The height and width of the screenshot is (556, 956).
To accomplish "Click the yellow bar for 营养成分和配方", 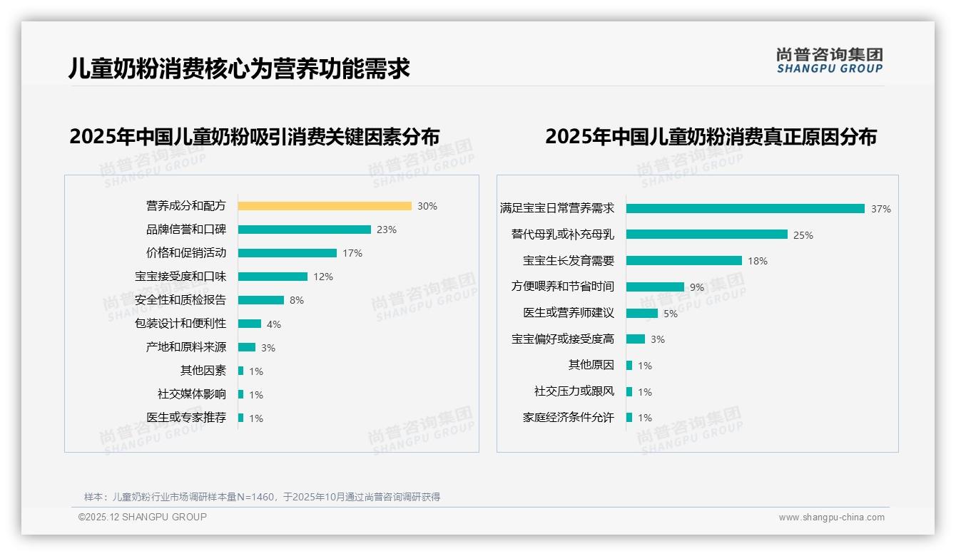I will (325, 206).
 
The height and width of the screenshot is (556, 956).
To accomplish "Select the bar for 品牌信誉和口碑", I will (305, 230).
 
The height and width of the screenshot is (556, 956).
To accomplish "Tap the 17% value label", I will (352, 253).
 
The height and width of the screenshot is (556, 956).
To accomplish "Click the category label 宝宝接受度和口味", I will (180, 277).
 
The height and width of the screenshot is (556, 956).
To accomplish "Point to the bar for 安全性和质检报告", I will (261, 300).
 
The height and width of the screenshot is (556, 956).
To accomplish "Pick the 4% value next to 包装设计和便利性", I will (274, 324).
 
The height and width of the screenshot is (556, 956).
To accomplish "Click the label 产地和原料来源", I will (186, 347).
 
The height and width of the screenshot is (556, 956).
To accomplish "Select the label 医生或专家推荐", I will (186, 418).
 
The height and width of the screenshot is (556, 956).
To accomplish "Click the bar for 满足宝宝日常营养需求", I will (746, 209).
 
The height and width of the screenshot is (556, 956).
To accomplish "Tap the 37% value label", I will (881, 209).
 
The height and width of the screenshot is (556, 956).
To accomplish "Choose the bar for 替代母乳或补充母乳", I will (707, 235).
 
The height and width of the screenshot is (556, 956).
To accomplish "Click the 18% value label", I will (758, 261).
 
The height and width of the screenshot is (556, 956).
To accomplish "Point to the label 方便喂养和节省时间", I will (562, 287).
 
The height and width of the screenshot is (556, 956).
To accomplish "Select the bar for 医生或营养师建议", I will (642, 313).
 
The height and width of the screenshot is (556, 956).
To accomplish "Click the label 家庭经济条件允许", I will (568, 418).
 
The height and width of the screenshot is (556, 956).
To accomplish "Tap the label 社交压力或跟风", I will (574, 391).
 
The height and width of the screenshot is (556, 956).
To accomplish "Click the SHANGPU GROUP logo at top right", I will (830, 61).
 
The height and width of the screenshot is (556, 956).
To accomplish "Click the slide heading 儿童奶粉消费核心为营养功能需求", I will (239, 68).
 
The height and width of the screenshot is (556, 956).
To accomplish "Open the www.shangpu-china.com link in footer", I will (831, 518).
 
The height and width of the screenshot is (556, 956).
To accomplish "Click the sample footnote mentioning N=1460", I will (262, 497).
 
